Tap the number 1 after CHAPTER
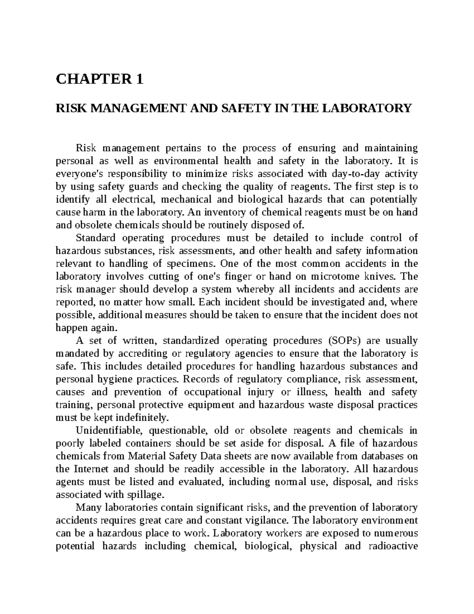(139, 80)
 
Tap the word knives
(383, 276)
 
